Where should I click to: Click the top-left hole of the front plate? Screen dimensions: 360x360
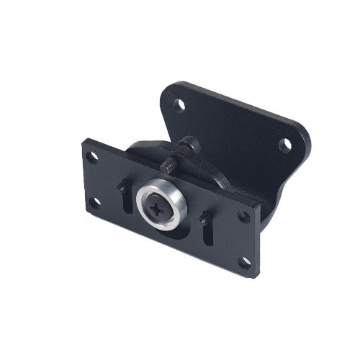point(92,155)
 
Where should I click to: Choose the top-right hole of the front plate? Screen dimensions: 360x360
point(244,216)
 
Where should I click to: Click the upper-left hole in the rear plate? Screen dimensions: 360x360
point(180,105)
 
